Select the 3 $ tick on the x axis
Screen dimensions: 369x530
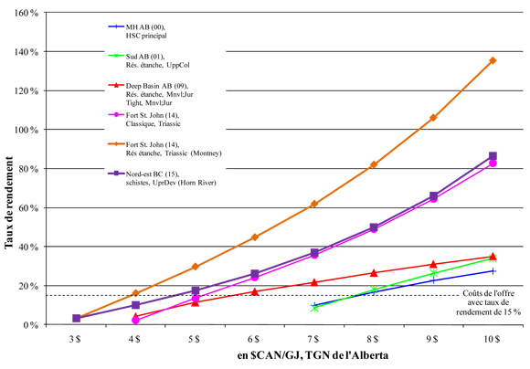tap(76, 339)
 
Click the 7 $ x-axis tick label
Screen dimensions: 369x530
tap(314, 339)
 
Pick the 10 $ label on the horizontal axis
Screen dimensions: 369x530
tap(493, 339)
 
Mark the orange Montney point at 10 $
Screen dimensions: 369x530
tap(493, 60)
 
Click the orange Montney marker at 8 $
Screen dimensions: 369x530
tap(374, 164)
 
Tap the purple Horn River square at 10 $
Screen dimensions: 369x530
tap(493, 156)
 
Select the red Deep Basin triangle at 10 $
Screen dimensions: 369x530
tap(493, 257)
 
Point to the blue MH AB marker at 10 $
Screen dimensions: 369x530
tap(493, 271)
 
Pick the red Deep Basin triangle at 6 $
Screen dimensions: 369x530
tap(254, 291)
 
